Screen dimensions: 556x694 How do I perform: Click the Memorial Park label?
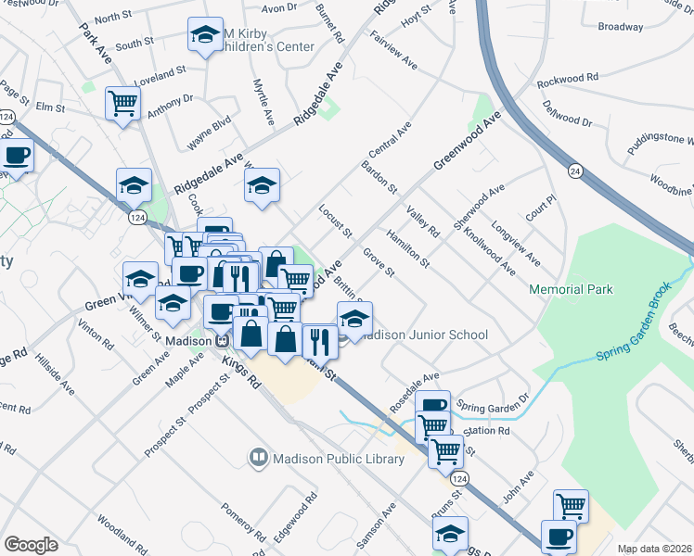[x=571, y=290]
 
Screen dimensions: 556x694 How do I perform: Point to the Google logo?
[x=31, y=545]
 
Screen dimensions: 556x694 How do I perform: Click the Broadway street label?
[x=621, y=27]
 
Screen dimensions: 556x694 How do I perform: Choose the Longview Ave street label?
[x=515, y=241]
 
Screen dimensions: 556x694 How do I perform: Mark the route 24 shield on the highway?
[x=575, y=171]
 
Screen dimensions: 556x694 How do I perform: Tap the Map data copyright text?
[x=655, y=549]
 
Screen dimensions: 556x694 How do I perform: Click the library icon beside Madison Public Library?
[x=257, y=458]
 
